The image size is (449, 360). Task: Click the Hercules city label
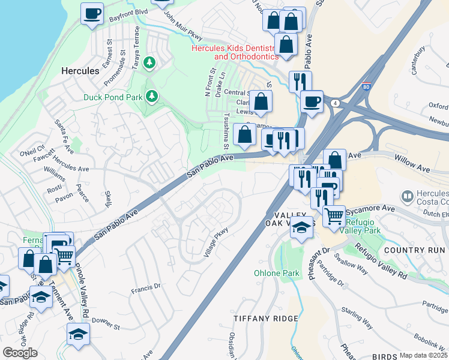coord(80,71)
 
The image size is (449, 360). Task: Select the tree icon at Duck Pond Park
coord(152,95)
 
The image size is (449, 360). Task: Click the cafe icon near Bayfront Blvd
coord(92,13)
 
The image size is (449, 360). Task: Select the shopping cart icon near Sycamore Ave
coord(334,215)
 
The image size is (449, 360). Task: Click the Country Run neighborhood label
coord(415,250)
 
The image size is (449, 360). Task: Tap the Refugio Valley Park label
coord(360,225)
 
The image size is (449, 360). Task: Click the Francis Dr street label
coord(146,288)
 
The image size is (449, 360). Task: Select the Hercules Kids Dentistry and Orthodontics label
coord(235,52)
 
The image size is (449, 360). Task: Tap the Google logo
coord(20,352)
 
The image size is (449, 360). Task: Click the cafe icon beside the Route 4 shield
coord(311,101)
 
